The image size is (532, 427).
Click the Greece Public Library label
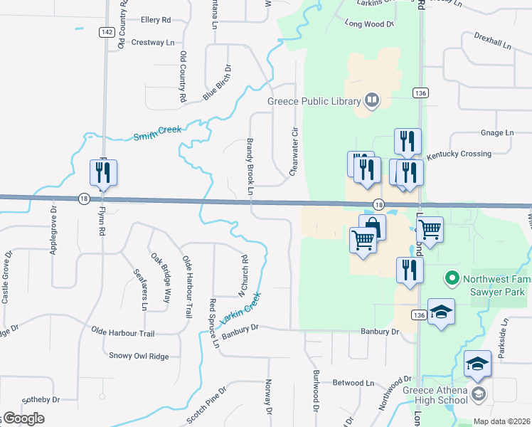point(314,101)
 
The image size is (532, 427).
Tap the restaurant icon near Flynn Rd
point(103,173)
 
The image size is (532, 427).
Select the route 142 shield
point(106,32)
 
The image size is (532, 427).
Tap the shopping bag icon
point(373,228)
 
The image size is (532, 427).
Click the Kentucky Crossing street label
point(459,154)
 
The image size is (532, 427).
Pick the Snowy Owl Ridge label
point(138,355)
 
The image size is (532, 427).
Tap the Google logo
point(23,418)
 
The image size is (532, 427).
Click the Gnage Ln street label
point(496,132)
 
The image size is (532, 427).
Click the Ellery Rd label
point(156,20)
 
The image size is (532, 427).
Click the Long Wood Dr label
point(369,24)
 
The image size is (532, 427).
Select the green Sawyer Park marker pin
point(450,277)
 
